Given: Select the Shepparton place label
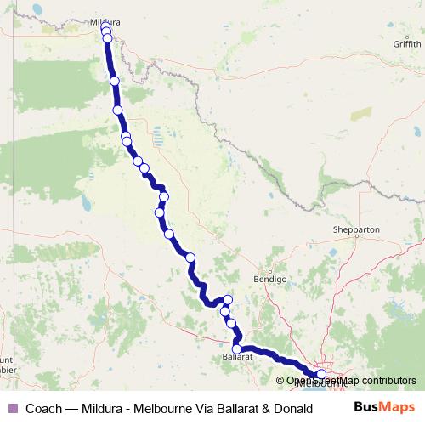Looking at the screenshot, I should tap(357, 229).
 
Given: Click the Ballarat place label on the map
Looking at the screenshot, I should tap(238, 358).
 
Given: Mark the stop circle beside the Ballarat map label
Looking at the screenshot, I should tap(239, 347).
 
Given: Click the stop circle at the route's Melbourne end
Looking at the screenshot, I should tap(321, 374).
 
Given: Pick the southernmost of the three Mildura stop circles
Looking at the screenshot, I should tap(108, 38).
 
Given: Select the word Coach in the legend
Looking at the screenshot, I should tap(43, 409).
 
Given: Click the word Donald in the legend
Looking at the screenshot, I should tap(280, 409).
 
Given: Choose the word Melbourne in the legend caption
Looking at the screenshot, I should tap(151, 409).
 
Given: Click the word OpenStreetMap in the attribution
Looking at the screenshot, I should tap(325, 380).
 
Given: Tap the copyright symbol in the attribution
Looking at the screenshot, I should tap(280, 380).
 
